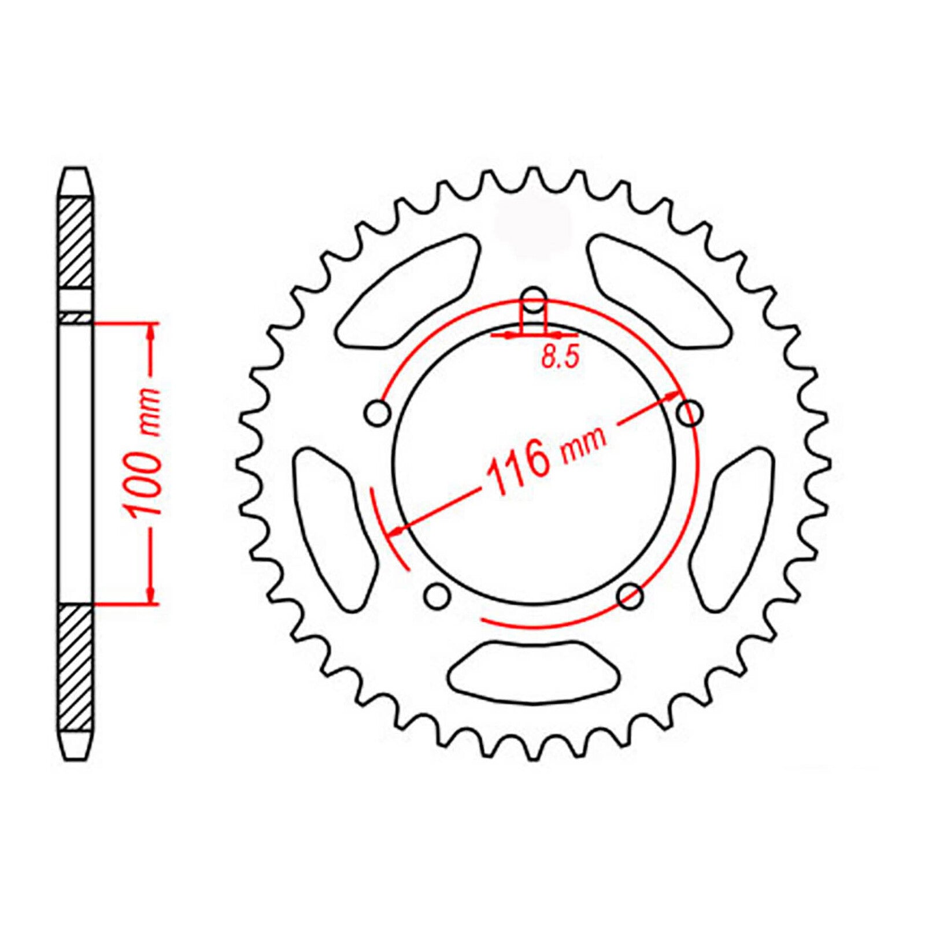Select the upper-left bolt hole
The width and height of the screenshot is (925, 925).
[x=379, y=413]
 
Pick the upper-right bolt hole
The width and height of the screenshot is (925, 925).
[x=690, y=413]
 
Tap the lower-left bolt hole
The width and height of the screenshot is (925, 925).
[x=437, y=595]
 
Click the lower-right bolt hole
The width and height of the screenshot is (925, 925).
[x=630, y=595]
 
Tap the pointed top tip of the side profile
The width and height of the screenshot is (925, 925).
[x=76, y=169]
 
